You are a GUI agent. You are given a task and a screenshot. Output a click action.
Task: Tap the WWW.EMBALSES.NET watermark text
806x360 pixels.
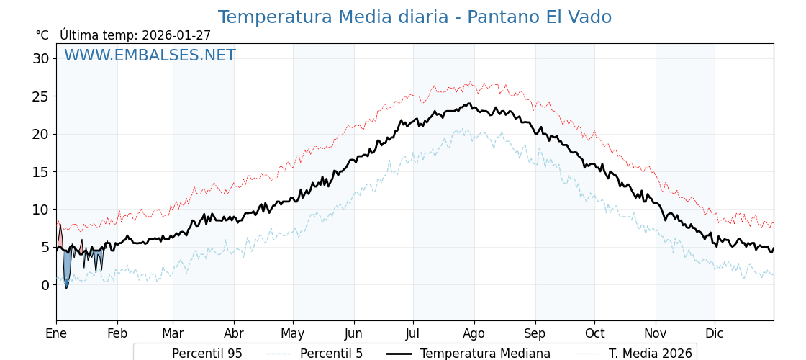point(150,55)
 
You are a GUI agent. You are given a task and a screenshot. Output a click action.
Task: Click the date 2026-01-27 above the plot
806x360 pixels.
point(176,35)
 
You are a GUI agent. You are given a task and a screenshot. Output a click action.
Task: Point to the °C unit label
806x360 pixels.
point(42,35)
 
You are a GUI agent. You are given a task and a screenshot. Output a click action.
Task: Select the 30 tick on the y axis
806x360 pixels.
point(41,58)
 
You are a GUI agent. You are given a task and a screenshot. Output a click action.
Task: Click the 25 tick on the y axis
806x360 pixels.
point(41,96)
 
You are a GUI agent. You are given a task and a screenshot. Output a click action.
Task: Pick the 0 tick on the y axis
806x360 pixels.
point(45,285)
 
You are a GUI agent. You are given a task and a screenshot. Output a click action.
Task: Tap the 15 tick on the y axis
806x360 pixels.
point(41,172)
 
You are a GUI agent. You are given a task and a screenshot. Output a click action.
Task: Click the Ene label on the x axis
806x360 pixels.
point(56,334)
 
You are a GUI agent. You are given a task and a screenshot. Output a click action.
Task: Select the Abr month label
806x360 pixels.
point(234,334)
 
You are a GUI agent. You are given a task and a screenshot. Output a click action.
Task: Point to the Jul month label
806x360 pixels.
point(413,334)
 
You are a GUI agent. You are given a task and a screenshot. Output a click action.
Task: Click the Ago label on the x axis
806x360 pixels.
point(474,334)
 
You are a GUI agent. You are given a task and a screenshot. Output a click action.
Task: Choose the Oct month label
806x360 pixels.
point(594,334)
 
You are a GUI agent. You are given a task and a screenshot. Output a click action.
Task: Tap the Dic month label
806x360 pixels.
point(715,334)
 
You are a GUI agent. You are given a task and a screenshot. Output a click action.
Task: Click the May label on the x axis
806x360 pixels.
point(293,334)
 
